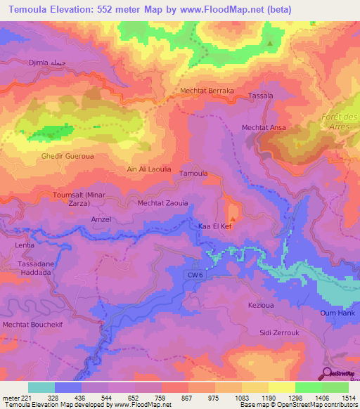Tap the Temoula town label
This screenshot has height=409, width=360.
(194, 173)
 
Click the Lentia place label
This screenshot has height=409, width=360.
(25, 246)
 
